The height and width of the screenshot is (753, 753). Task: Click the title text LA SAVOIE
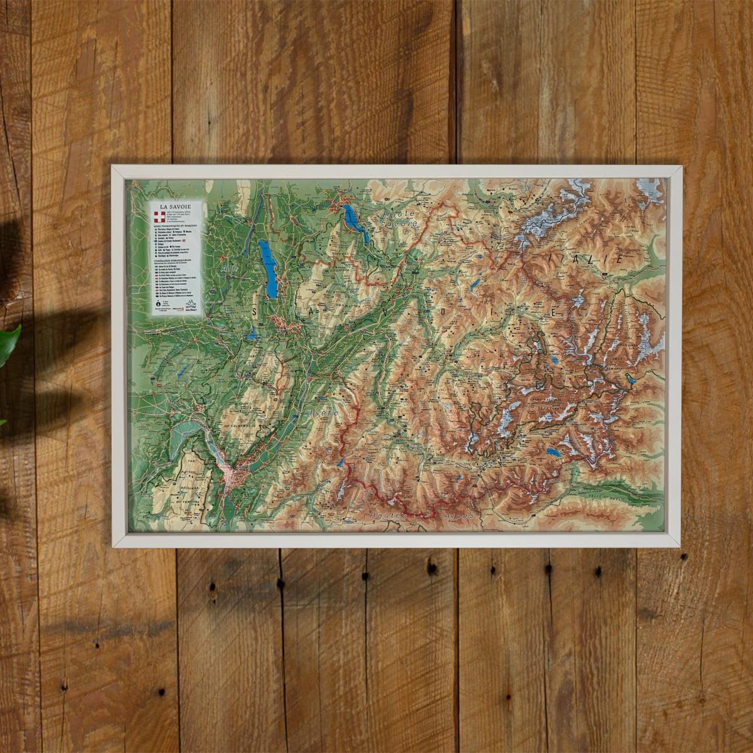point(176,206)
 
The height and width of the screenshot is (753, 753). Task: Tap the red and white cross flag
point(161,218)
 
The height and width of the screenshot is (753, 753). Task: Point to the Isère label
point(325,413)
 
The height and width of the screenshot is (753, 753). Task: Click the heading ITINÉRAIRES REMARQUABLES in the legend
point(176,258)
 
